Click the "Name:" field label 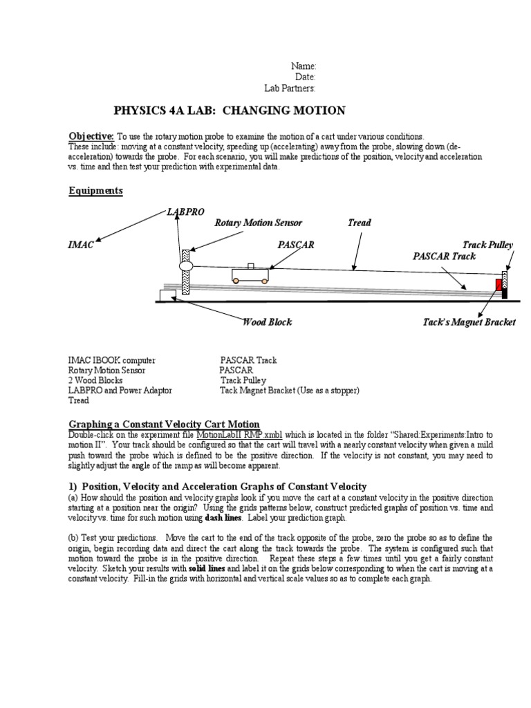click(303, 66)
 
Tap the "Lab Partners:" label click(290, 88)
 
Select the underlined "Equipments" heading click(95, 191)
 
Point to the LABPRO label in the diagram click(185, 211)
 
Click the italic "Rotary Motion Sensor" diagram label click(258, 223)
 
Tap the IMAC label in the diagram click(81, 245)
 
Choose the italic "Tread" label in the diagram click(359, 223)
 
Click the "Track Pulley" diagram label click(487, 245)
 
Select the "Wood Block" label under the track click(267, 322)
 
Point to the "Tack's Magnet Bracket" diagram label click(469, 322)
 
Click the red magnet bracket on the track click(499, 285)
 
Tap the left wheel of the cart click(236, 280)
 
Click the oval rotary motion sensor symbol click(185, 265)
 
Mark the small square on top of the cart click(250, 265)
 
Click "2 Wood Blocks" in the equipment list click(95, 380)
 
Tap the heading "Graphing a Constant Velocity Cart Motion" click(164, 424)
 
